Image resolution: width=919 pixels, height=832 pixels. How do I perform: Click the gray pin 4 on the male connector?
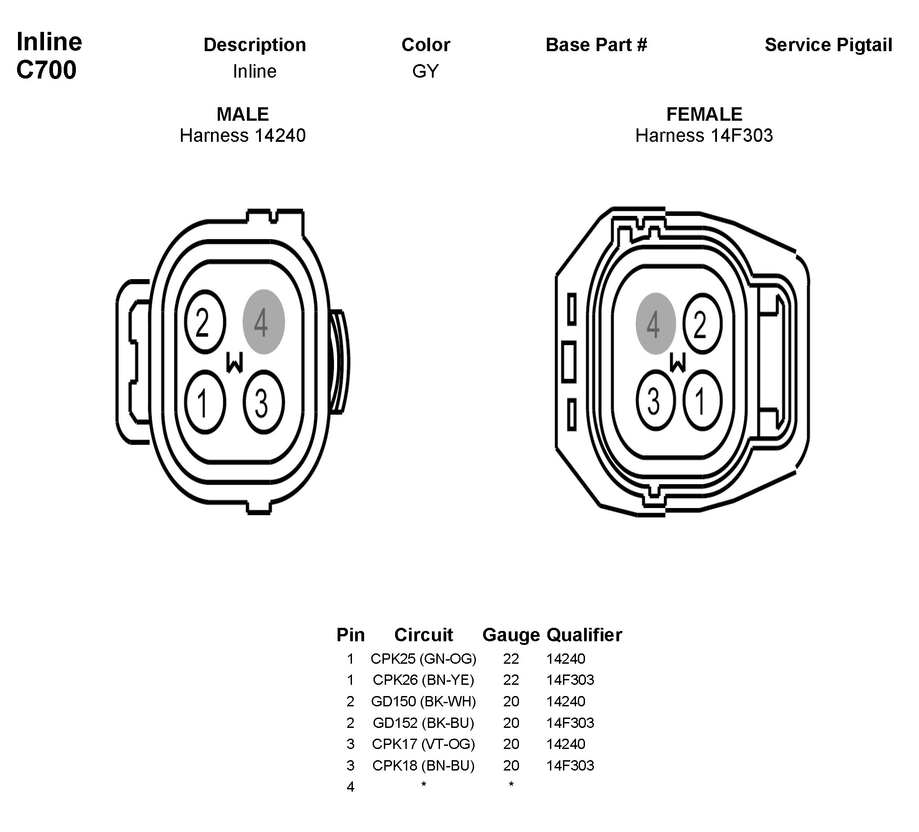264,322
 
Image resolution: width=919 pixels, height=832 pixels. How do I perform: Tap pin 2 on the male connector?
205,322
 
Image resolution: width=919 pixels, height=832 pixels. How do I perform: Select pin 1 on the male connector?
205,402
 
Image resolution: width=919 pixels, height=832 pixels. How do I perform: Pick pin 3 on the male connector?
264,402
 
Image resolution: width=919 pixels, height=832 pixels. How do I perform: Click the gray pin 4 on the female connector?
655,324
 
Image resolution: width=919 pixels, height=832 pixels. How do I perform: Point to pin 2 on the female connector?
702,324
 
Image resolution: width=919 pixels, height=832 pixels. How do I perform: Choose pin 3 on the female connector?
655,401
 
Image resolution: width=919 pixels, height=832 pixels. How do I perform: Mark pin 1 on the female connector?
702,401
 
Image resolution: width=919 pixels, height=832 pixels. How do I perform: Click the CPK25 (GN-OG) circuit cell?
423,659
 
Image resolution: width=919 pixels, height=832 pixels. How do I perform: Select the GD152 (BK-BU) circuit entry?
423,723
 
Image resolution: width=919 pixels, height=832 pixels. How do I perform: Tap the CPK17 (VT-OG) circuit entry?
423,744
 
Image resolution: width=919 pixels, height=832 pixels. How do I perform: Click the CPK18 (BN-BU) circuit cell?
423,766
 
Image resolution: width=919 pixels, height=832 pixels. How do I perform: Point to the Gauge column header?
510,635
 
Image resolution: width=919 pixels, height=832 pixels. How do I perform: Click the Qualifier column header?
584,635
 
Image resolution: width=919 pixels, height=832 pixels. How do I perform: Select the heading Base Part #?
596,45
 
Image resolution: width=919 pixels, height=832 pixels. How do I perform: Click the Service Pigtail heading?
828,45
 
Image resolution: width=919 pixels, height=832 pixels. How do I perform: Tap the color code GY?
425,71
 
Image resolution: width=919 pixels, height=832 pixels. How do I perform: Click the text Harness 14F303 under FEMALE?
704,136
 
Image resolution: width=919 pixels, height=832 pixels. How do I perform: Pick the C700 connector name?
46,70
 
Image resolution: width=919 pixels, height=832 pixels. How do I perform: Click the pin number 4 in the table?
350,787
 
